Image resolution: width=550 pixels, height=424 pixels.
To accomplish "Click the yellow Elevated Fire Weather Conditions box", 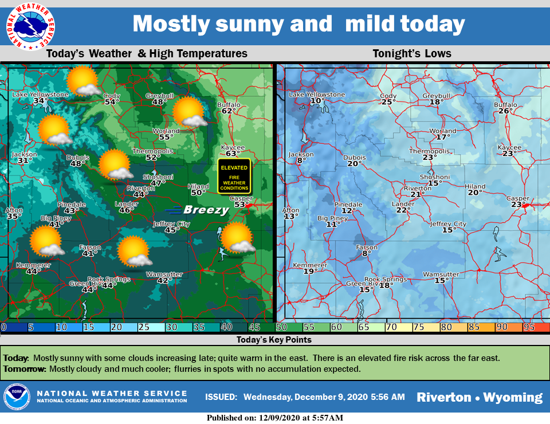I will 234,175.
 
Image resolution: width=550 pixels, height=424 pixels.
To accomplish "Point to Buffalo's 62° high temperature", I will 229,111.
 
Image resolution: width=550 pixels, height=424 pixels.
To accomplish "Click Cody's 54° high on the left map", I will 112,101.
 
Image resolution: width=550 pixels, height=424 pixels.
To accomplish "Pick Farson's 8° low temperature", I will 367,253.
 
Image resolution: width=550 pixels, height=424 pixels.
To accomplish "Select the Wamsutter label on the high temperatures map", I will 164,274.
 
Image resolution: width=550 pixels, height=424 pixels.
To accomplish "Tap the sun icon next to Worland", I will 189,112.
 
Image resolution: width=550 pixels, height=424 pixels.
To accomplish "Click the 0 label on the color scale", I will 4,327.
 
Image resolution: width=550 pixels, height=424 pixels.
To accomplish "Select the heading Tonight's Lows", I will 412,54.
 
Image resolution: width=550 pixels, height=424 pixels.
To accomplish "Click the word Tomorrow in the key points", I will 24,368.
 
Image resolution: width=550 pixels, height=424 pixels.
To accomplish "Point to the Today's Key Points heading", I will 274,340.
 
